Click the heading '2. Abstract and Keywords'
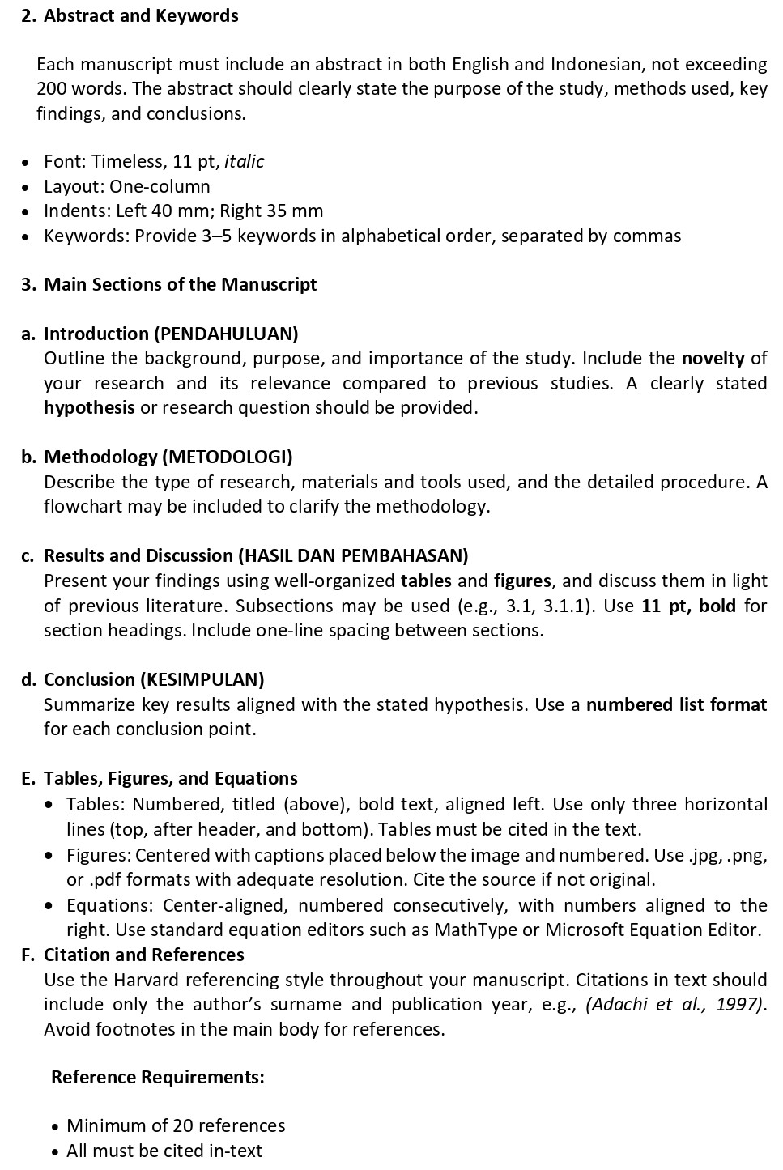point(130,15)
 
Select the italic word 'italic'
point(244,161)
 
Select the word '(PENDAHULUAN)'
point(226,334)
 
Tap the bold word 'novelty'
point(713,358)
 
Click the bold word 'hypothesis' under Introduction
point(89,407)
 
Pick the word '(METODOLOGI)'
point(228,457)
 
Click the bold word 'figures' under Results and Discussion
point(522,581)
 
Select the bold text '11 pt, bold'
point(688,606)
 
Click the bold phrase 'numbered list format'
point(676,704)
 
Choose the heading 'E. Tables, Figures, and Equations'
point(160,778)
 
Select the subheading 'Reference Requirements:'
point(158,1077)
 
